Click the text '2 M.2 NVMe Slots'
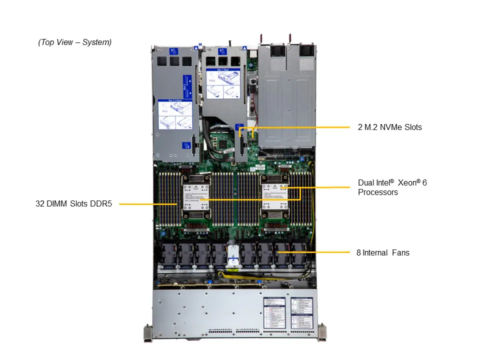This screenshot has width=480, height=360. click(x=389, y=127)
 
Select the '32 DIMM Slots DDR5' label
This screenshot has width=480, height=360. click(x=73, y=204)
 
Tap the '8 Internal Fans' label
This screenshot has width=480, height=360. click(x=382, y=253)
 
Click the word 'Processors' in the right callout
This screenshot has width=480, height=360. click(x=378, y=192)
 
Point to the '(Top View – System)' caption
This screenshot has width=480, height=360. click(x=75, y=42)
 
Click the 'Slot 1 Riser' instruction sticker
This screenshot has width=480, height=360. click(x=223, y=83)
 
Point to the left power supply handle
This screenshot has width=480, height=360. click(x=261, y=39)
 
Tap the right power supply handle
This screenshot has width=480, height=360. click(x=289, y=39)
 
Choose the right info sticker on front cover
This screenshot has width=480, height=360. click(x=301, y=313)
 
